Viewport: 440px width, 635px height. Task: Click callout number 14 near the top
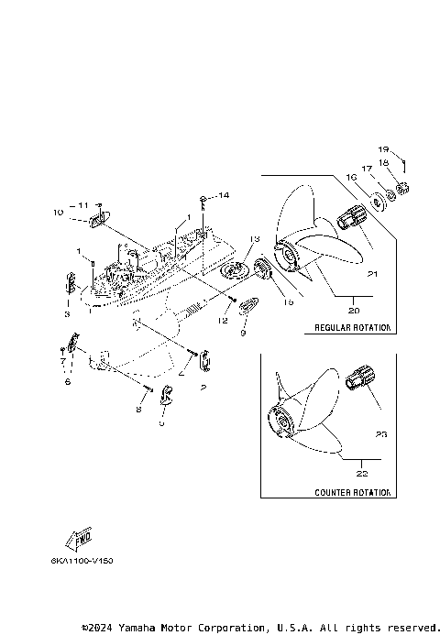coord(224,196)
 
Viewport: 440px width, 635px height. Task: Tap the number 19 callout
coord(384,148)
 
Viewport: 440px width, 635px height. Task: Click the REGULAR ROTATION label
coord(352,327)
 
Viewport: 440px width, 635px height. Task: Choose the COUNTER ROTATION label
coord(352,492)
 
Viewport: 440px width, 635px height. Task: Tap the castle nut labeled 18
coord(402,190)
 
